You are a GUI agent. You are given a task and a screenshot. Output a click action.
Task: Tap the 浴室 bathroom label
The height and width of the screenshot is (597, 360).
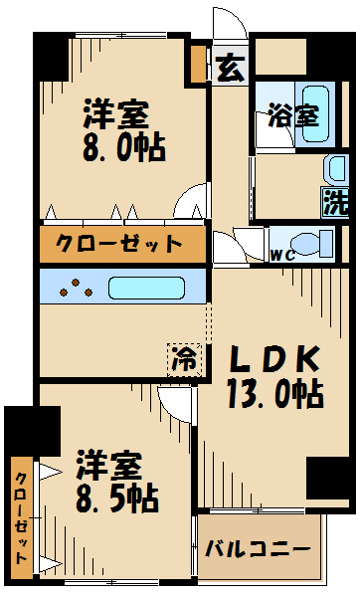(294, 115)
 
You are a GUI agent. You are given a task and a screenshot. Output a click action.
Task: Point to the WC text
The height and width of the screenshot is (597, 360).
(283, 254)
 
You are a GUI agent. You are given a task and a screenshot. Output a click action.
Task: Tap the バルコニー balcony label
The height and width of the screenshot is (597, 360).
(259, 548)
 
